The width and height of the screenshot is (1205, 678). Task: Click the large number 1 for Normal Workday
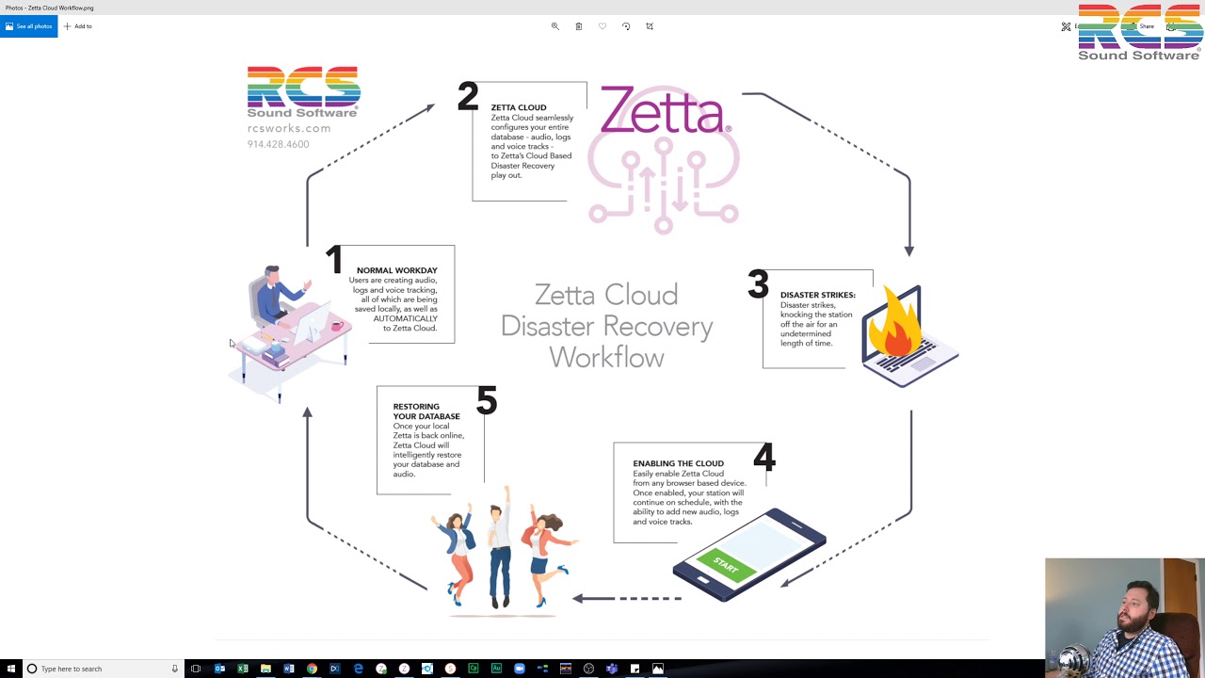333,261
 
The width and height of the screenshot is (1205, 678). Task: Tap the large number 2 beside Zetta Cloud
468,97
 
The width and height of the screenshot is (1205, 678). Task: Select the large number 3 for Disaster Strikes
758,284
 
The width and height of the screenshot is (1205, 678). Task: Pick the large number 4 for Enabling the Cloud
763,459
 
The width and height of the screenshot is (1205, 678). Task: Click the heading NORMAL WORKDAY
396,270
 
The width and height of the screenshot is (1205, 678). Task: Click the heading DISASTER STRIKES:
817,295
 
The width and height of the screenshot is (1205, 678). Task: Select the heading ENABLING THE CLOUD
678,463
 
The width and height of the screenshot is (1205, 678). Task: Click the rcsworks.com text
289,128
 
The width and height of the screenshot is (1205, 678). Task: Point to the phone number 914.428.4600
278,144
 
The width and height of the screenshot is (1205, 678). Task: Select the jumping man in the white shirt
500,546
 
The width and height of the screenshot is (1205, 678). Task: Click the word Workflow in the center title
606,358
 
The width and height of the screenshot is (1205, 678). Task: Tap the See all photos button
28,26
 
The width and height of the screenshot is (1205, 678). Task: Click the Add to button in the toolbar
78,26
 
